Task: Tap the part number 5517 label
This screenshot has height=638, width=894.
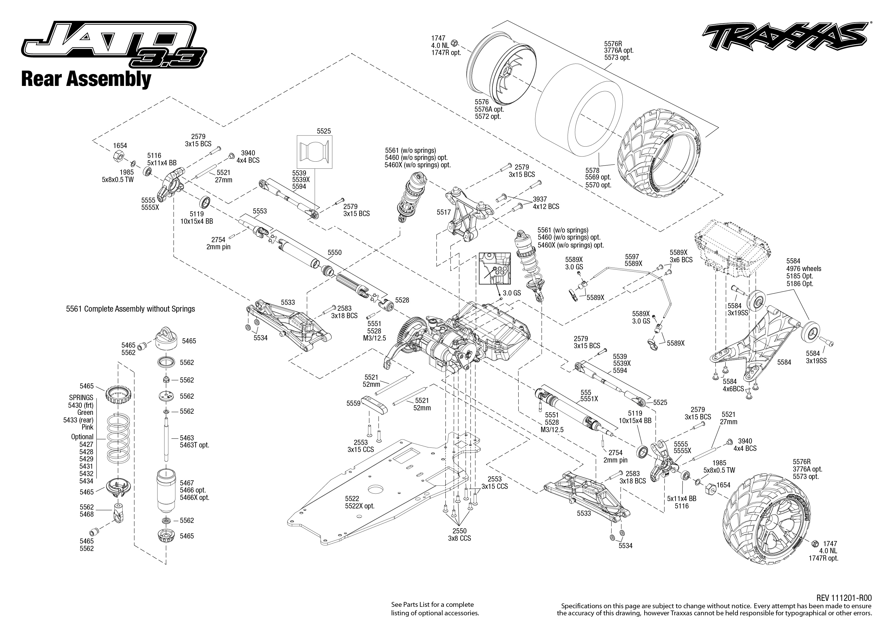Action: coord(444,212)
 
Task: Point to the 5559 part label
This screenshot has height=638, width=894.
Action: coord(353,403)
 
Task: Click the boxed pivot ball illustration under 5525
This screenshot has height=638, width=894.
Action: coord(314,152)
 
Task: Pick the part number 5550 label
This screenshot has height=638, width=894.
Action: coord(335,253)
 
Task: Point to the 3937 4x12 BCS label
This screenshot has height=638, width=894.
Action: coord(546,203)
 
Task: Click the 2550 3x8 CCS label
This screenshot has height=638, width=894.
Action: coord(459,534)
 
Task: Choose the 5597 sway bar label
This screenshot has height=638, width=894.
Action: coord(633,260)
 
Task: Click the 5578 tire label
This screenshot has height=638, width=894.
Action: coord(598,178)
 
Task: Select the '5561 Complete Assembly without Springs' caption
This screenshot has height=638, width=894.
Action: coord(131,309)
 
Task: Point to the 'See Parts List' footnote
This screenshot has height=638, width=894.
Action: coord(435,609)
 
